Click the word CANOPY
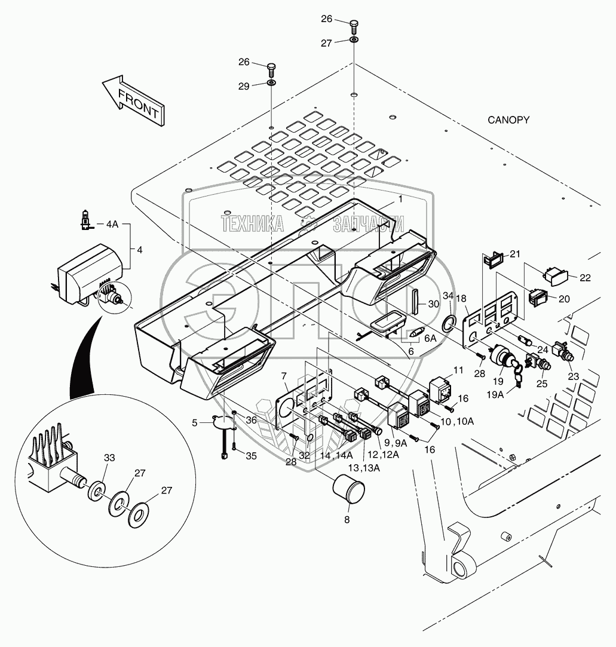click(508, 120)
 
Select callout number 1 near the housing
click(401, 200)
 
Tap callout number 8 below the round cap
click(347, 519)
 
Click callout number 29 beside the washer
click(244, 86)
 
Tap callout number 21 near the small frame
click(515, 254)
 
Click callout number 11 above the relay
click(458, 370)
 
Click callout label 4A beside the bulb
click(112, 225)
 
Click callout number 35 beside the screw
click(251, 455)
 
